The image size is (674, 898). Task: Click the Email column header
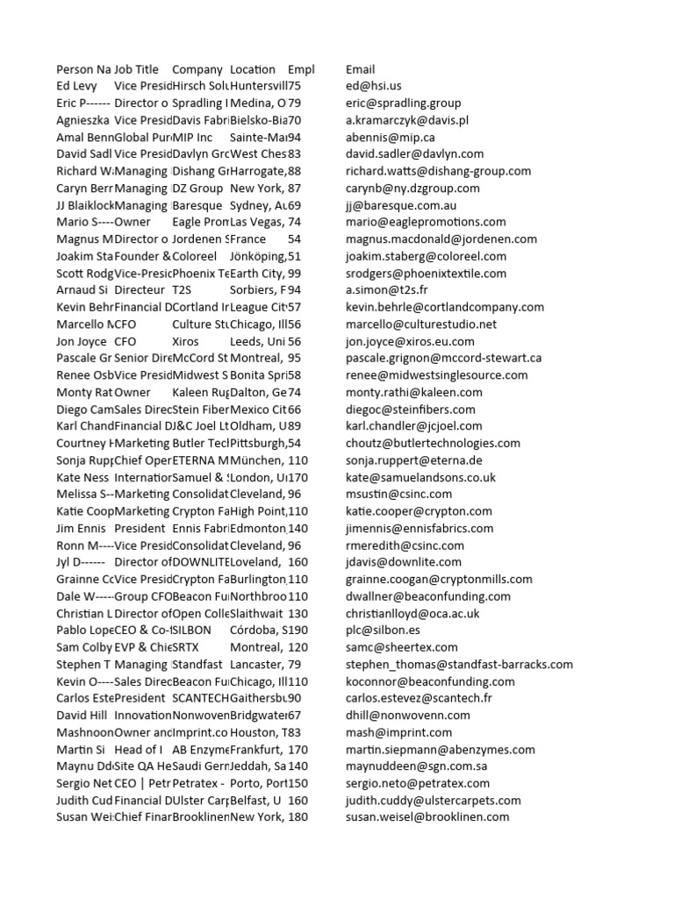[x=360, y=69]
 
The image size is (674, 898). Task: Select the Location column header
[x=252, y=69]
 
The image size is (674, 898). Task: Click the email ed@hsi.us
[x=373, y=86]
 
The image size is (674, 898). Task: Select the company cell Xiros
[x=186, y=341]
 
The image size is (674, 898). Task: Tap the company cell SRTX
[x=186, y=647]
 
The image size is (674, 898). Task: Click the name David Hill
[x=82, y=715]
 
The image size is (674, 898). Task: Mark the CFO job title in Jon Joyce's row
[x=125, y=341]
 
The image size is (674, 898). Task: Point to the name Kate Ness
[x=82, y=477]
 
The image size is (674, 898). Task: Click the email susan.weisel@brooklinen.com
[x=427, y=817]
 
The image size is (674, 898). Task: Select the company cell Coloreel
[x=194, y=256]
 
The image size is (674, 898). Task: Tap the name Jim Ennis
[x=81, y=528]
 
